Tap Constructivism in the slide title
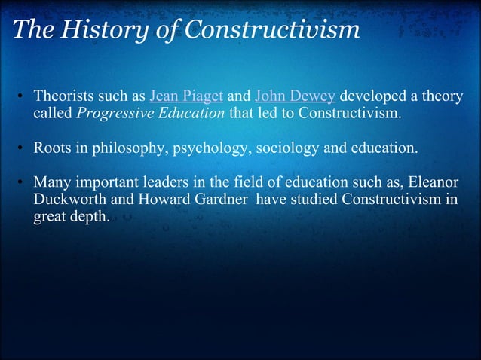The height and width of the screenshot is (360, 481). (271, 30)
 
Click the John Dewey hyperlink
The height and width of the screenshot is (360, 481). (296, 97)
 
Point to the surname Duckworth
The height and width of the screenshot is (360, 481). (67, 200)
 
